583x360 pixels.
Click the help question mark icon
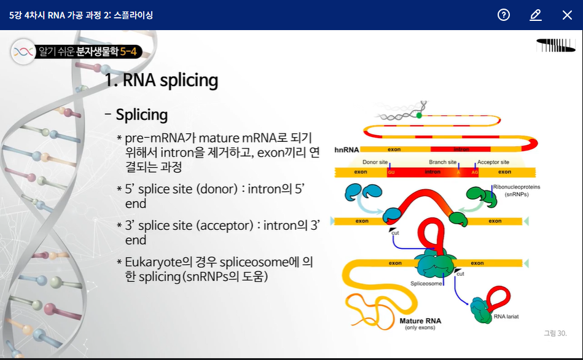coord(504,15)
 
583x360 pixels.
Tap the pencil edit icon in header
coord(536,15)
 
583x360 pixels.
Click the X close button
coord(567,15)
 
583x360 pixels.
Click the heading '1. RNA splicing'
coord(161,80)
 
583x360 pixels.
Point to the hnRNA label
coord(346,149)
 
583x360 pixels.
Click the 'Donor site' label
coord(375,162)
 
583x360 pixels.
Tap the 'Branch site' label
coord(442,162)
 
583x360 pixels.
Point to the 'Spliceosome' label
coord(425,284)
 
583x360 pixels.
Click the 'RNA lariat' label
coord(506,317)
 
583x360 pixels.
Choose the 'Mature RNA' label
coord(420,321)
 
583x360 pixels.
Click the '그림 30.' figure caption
coord(555,333)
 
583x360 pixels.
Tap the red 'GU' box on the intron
coord(391,172)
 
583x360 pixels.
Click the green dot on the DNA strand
coord(419,115)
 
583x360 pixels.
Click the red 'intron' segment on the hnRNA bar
coord(461,149)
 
